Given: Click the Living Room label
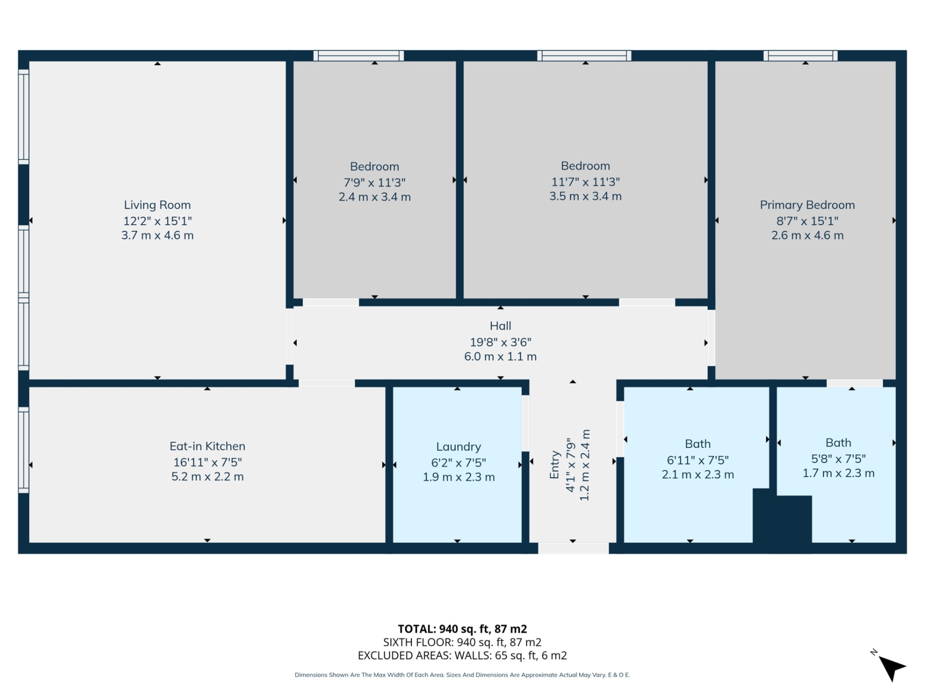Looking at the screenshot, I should (157, 205).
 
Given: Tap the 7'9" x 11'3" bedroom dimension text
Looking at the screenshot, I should (374, 183).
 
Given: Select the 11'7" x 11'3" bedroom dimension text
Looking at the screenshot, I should (585, 182).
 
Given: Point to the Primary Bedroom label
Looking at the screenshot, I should (807, 205).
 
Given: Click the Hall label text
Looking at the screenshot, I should (500, 326).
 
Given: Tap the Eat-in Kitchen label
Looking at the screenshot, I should (207, 446).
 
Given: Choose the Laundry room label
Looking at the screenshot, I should (458, 447).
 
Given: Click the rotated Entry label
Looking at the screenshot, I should (555, 465).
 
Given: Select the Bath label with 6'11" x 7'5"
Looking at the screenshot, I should (697, 444).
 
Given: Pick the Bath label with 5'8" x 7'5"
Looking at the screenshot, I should (838, 443).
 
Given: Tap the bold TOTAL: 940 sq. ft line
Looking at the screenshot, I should (462, 629).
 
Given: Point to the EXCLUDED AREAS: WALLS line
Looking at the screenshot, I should (462, 655).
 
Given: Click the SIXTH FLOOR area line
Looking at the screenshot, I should (462, 642).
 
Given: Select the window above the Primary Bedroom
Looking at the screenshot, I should (800, 56).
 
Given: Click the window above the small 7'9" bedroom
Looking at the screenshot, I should (358, 56).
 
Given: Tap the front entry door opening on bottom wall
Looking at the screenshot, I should (573, 548).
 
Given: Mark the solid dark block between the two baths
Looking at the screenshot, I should (781, 518).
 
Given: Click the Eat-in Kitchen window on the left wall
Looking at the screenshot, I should (23, 450).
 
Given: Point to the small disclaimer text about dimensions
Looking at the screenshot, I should (462, 675).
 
